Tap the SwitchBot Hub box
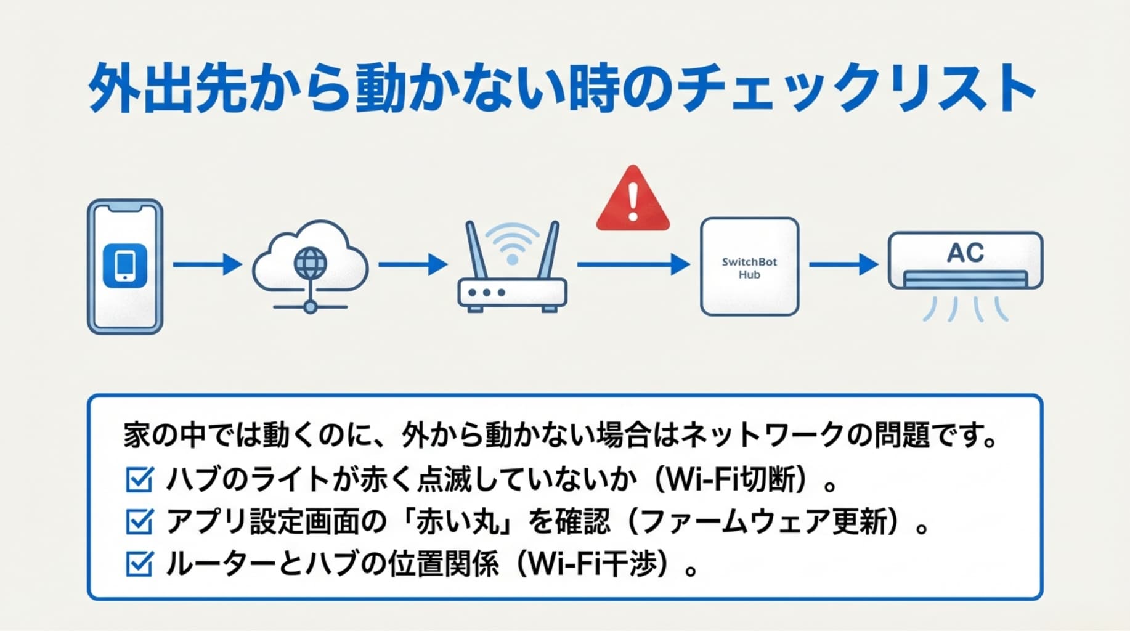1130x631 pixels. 749,267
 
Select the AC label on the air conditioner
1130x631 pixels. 965,253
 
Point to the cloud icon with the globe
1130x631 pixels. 310,265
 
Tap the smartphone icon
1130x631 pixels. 125,266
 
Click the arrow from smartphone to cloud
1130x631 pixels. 207,264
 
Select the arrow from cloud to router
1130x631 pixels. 412,264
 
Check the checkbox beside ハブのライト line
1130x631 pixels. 139,479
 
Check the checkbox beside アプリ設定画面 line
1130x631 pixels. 139,521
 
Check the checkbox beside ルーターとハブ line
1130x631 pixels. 139,563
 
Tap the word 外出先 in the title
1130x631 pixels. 160,88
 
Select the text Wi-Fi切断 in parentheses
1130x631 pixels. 730,479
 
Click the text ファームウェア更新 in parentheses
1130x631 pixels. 760,521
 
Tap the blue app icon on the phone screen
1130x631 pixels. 125,266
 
